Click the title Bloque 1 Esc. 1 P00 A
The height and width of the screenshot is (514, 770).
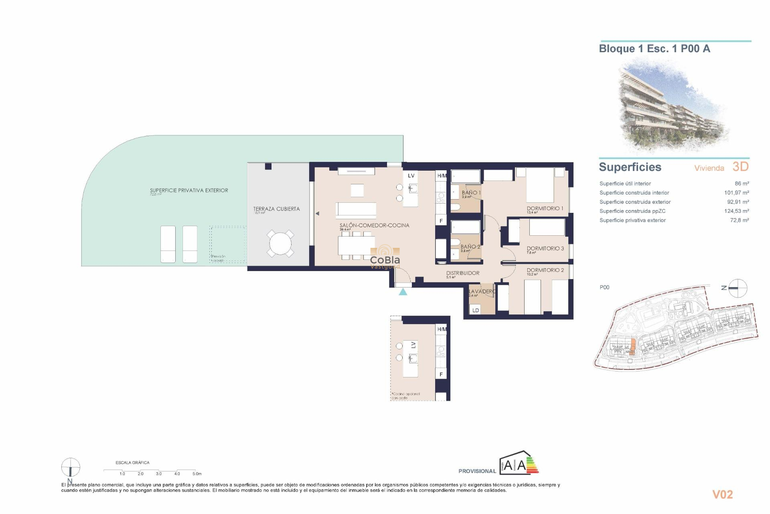pos(654,49)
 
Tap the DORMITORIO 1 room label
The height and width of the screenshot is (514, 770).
pos(545,208)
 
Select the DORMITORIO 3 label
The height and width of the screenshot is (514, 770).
pos(545,249)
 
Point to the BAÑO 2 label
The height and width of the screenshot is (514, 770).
pos(470,247)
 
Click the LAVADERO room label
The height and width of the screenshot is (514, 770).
pos(482,292)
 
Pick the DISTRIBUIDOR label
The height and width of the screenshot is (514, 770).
pos(462,273)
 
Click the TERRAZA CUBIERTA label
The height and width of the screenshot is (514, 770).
pos(276,209)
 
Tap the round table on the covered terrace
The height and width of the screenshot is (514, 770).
pos(280,243)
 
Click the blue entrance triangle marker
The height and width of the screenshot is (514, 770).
pos(403,292)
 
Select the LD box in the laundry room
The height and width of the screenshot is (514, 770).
pos(476,310)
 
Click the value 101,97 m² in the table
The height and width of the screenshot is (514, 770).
pos(736,193)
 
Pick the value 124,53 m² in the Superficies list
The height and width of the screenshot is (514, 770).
pos(736,211)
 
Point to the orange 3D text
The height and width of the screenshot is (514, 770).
pos(740,167)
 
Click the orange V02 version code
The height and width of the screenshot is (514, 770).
pos(722,495)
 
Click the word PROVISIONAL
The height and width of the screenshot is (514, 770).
pos(477,471)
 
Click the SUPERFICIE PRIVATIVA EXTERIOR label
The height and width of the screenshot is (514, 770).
pos(189,190)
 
